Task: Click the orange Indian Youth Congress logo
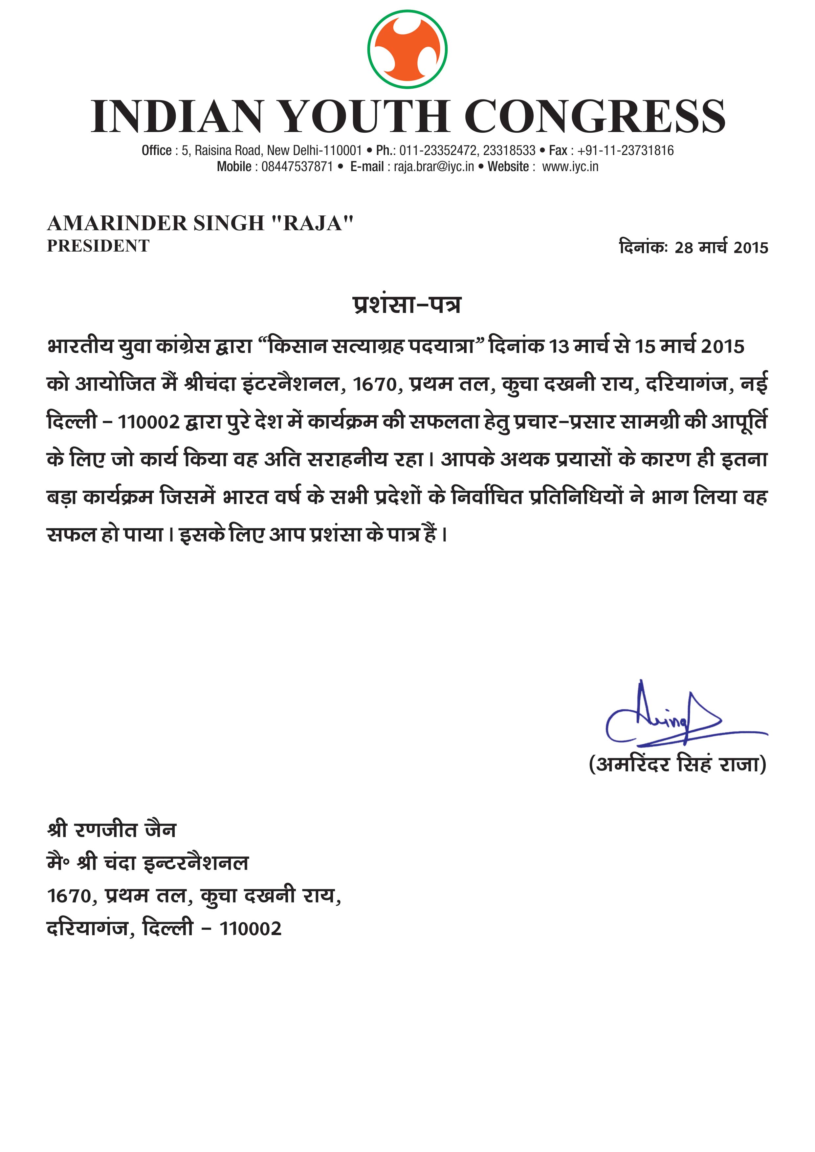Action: [407, 49]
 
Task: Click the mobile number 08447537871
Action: [297, 166]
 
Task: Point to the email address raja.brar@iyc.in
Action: [433, 166]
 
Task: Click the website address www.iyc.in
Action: [570, 166]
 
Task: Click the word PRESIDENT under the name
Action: [99, 246]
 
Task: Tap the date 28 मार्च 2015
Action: [721, 248]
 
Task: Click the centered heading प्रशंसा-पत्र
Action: [407, 304]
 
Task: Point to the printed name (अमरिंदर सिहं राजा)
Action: [677, 764]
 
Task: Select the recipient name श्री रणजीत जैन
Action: [111, 831]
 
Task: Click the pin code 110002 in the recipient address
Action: [251, 929]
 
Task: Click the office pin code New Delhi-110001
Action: [314, 150]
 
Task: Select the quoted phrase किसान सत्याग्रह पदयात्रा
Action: [371, 347]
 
